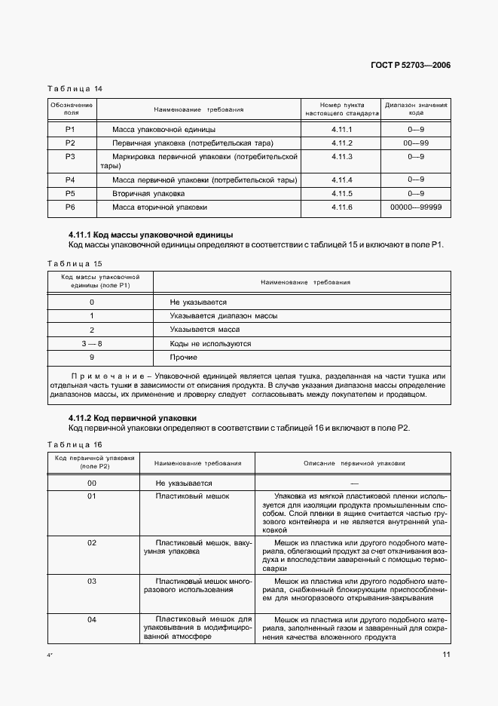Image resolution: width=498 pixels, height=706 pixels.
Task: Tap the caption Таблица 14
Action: [x=75, y=88]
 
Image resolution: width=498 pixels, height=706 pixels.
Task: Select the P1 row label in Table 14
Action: [x=71, y=130]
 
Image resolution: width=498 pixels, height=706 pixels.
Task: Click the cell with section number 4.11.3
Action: [x=341, y=156]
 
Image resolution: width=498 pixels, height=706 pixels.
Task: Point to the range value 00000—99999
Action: [x=416, y=207]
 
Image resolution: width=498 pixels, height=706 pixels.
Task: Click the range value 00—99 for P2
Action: [x=416, y=143]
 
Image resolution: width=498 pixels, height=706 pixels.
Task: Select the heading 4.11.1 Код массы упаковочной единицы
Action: [x=151, y=235]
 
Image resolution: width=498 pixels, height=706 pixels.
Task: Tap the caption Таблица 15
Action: [x=75, y=263]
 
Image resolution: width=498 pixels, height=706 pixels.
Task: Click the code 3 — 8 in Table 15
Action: [x=91, y=343]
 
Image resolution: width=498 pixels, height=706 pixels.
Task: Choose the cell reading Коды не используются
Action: [x=210, y=343]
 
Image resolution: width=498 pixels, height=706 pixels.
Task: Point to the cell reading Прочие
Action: [x=183, y=357]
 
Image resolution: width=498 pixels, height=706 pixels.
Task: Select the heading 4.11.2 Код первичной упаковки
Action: [x=143, y=417]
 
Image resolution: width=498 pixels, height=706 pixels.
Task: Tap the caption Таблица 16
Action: [x=75, y=444]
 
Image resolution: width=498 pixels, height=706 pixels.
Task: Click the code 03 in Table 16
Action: [x=92, y=582]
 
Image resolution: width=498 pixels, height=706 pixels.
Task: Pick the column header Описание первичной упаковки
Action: [x=354, y=462]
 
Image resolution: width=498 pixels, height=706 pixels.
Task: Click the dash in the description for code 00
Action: [x=354, y=483]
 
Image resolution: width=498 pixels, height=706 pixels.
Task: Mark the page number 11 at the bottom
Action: [x=446, y=654]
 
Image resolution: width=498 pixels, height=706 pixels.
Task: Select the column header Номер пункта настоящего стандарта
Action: [x=341, y=109]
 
